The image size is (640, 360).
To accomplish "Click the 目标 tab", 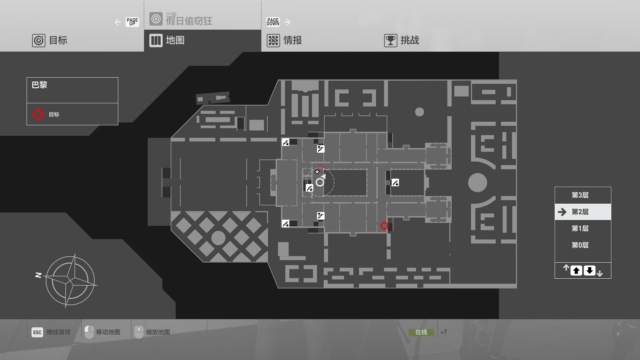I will [50, 40].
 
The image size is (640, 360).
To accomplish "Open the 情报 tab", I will [285, 40].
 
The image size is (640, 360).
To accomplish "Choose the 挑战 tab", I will [402, 40].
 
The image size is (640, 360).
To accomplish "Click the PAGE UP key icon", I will [132, 22].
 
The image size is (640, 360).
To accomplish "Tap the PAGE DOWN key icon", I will [273, 22].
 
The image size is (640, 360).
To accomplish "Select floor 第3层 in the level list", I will [580, 195].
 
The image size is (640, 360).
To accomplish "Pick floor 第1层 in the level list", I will [580, 229].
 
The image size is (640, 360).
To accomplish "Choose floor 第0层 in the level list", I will [580, 245].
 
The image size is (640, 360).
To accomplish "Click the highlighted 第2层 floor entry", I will [580, 212].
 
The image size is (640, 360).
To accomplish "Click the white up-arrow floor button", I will [576, 271].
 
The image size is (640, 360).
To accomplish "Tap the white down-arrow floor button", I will [589, 271].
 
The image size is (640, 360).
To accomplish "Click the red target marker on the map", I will [384, 226].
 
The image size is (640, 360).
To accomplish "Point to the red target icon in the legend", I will [38, 114].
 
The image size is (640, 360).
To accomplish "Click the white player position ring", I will [320, 182].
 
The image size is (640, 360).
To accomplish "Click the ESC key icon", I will [37, 332].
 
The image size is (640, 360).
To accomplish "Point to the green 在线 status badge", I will [421, 332].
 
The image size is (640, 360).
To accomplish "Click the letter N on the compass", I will [38, 275].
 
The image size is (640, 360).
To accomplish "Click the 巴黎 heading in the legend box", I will [39, 85].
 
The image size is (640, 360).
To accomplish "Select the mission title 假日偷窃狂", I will [189, 21].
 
